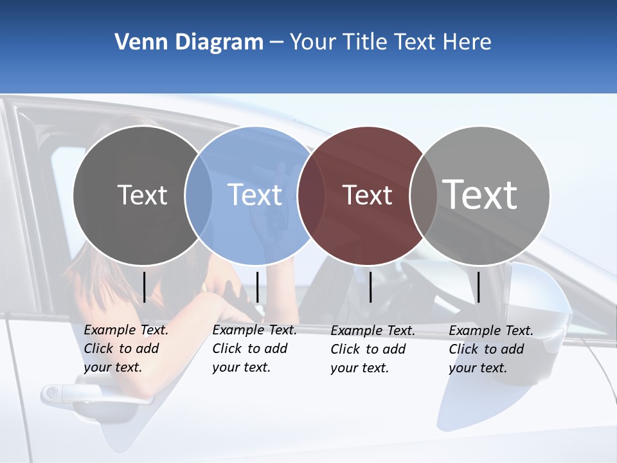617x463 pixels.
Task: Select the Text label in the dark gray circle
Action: point(142,195)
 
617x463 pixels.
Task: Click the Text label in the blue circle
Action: point(255,195)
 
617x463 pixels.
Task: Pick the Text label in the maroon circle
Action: point(367,195)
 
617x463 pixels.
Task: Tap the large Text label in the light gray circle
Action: point(479,194)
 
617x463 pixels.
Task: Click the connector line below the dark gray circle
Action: point(145,287)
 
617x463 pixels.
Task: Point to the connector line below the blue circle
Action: point(257,287)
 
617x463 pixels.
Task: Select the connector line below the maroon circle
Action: point(371,287)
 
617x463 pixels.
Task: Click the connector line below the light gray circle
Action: point(478,287)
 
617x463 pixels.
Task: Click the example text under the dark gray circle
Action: point(125,349)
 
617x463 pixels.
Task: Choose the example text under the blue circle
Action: point(254,349)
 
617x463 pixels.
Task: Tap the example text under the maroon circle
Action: point(372,349)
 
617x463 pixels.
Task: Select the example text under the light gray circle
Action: point(490,349)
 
